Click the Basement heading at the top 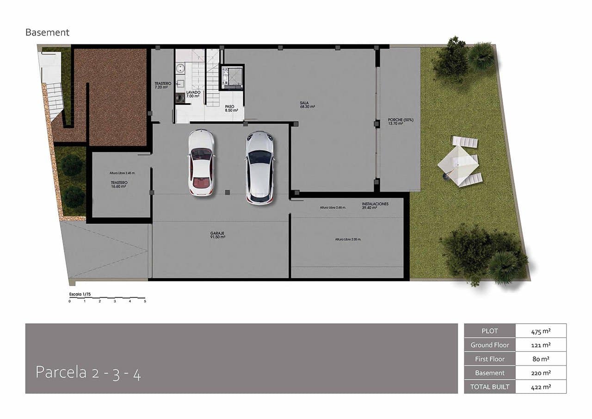coord(47,32)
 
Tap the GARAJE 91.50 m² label coord(217,235)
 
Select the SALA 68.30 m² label coord(307,105)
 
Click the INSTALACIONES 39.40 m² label coord(375,206)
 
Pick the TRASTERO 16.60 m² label coord(119,184)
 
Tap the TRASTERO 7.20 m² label coord(163,85)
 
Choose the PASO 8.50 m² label coord(231,108)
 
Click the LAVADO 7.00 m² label coord(193,94)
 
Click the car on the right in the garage coord(259,167)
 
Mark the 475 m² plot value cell coord(540,331)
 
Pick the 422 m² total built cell coord(540,387)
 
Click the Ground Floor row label coord(490,345)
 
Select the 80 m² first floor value coord(540,359)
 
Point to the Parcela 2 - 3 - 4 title coord(88,373)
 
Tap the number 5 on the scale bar coord(145,301)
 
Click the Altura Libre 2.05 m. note coord(348,239)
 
